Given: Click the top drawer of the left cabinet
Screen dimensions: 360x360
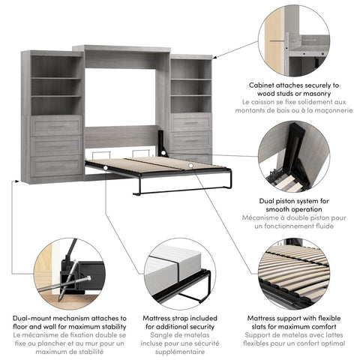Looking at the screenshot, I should [55, 125].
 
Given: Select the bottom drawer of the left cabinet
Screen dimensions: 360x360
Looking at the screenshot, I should [55, 166].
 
